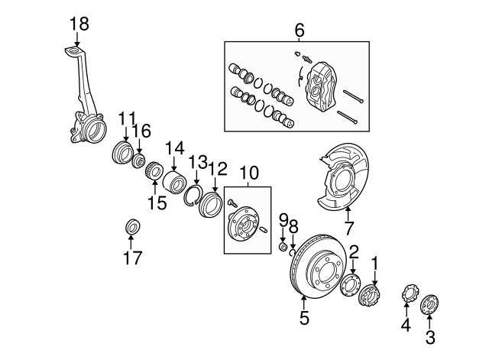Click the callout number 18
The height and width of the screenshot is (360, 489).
[x=79, y=24]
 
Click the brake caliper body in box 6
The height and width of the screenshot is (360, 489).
[x=320, y=85]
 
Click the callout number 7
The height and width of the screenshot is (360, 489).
[x=348, y=228]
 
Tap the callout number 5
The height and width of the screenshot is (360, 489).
[x=304, y=318]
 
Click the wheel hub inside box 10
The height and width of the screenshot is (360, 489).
[x=245, y=222]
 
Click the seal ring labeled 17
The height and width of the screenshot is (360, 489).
[x=131, y=227]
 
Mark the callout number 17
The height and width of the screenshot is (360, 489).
[x=132, y=258]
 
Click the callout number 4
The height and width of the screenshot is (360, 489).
[x=406, y=325]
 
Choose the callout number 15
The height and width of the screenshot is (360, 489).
[x=157, y=203]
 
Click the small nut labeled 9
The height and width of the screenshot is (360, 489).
[x=283, y=247]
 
